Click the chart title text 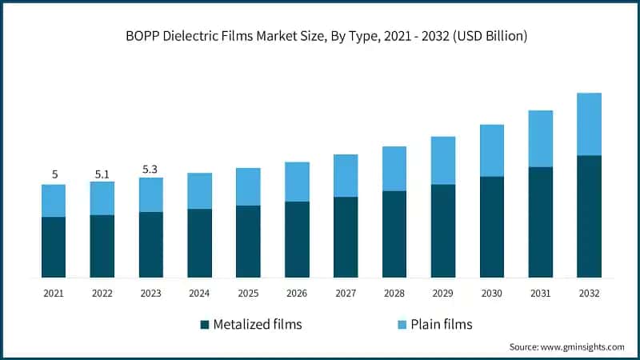coord(320,36)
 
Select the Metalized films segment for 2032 coord(589,216)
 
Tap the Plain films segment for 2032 coord(589,124)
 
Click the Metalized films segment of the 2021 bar coord(54,246)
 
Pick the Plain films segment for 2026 coord(297,182)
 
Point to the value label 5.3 coord(150,169)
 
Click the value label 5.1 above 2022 coord(102,173)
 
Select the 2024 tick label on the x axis coord(199,294)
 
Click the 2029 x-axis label coord(442,294)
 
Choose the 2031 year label coord(540,294)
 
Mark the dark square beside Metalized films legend coord(205,324)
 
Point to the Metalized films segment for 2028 coord(394,234)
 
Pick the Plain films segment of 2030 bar coord(491,150)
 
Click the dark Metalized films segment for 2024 coord(199,242)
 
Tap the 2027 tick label coord(346,294)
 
